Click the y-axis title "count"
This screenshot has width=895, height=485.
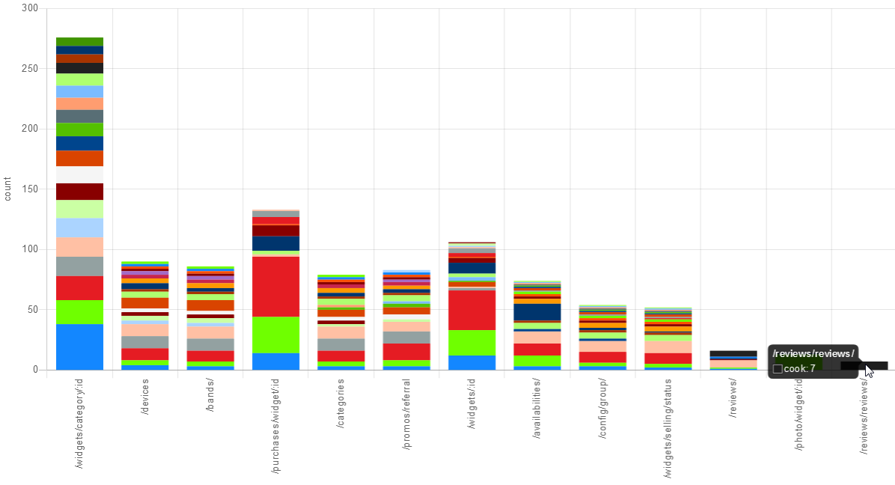click(8, 189)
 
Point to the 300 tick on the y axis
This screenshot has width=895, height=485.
click(31, 8)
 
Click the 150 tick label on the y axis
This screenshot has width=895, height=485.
click(31, 189)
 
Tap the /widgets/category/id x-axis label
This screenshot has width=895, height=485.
click(79, 423)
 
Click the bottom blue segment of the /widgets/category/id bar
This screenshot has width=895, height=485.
click(79, 347)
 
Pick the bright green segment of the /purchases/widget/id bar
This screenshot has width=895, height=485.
click(275, 335)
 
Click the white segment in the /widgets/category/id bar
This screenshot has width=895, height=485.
click(79, 174)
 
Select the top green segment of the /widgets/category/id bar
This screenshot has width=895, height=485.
click(79, 41)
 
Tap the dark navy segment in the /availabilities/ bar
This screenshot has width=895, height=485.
click(537, 311)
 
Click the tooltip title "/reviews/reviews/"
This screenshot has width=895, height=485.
click(813, 353)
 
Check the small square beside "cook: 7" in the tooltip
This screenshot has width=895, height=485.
click(778, 369)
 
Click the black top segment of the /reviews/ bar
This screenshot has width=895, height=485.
click(733, 353)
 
